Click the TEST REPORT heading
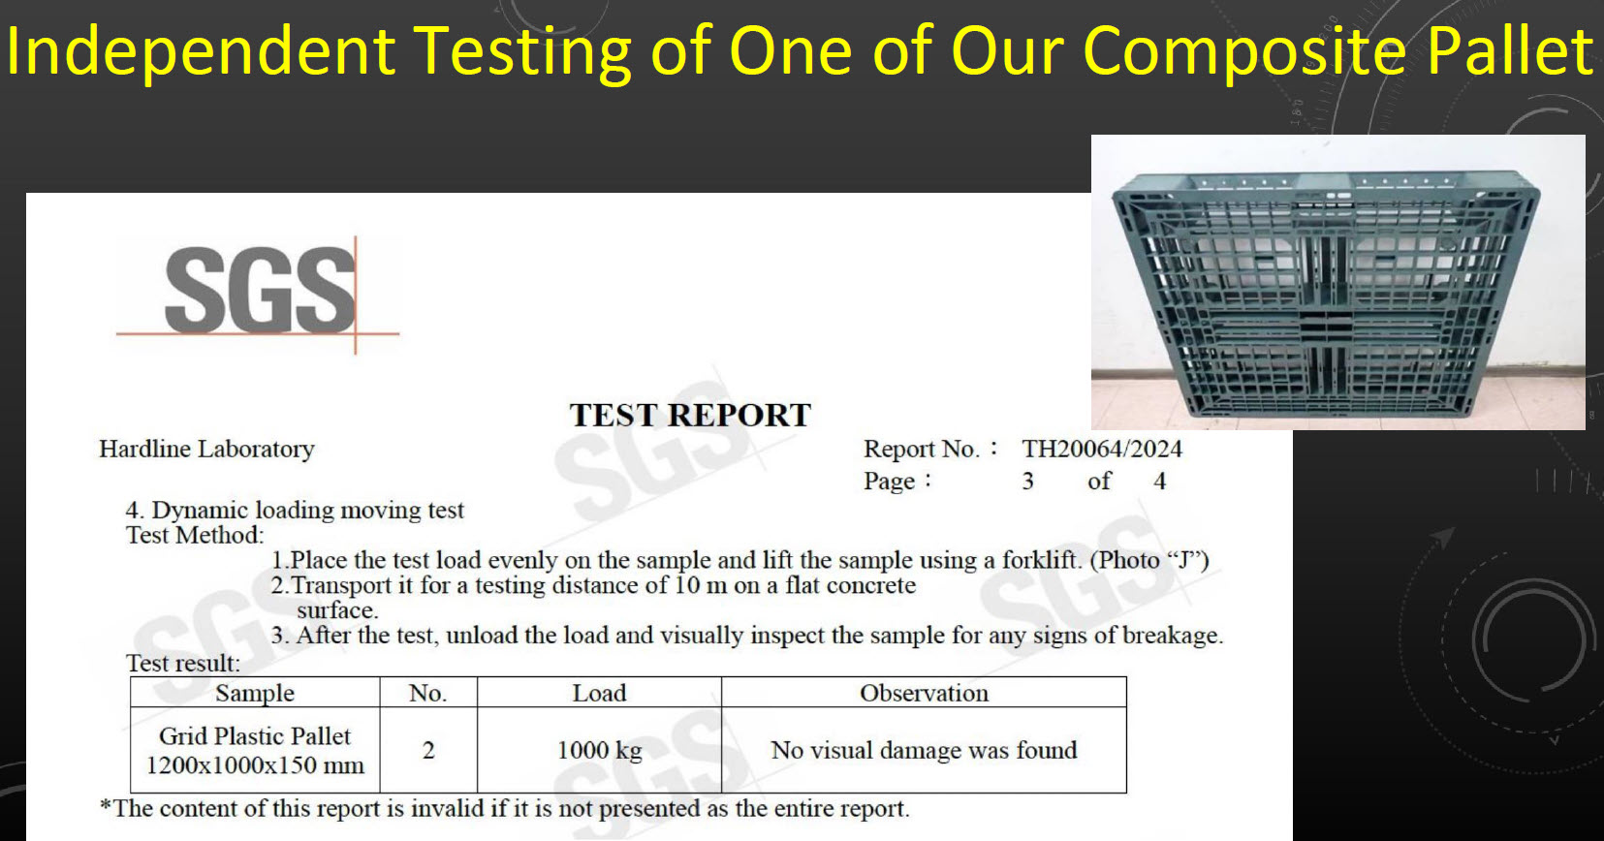click(x=690, y=415)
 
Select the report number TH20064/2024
click(x=1102, y=449)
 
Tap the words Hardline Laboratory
click(x=207, y=450)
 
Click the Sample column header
click(x=255, y=693)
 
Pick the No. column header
click(x=428, y=693)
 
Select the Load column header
click(x=599, y=693)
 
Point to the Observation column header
click(x=924, y=693)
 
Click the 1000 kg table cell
click(x=599, y=750)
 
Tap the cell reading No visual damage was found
click(x=924, y=750)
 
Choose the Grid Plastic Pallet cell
click(x=255, y=750)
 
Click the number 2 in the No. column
click(x=428, y=750)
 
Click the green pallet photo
click(x=1337, y=282)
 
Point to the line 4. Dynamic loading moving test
click(x=295, y=511)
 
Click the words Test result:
click(x=183, y=663)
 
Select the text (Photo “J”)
click(x=1149, y=560)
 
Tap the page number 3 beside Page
click(x=1027, y=481)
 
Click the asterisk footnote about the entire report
click(x=505, y=808)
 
